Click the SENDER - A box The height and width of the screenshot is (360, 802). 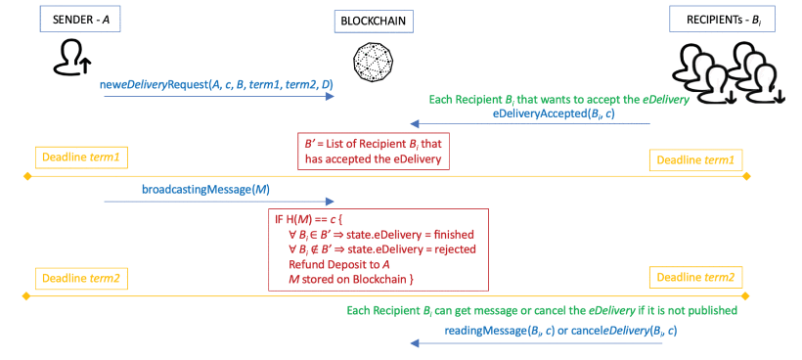(81, 20)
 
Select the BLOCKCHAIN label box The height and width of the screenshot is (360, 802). (374, 22)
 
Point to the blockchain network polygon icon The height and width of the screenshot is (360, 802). (375, 61)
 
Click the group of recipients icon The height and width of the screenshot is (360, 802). (728, 72)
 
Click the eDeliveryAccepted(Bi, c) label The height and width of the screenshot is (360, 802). (554, 113)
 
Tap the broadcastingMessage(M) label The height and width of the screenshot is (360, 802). (205, 189)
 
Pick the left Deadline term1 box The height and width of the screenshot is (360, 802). (81, 158)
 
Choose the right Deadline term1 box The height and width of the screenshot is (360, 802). (695, 159)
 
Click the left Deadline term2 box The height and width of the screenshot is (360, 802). (81, 279)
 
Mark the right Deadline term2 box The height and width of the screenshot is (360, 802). (695, 278)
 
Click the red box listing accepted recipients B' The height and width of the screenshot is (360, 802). (374, 152)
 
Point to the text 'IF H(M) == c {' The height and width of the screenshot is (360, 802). (305, 220)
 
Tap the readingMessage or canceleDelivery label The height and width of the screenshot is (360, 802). (560, 331)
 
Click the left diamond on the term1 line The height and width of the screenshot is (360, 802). (27, 176)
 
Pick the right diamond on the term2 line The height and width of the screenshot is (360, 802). (745, 296)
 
